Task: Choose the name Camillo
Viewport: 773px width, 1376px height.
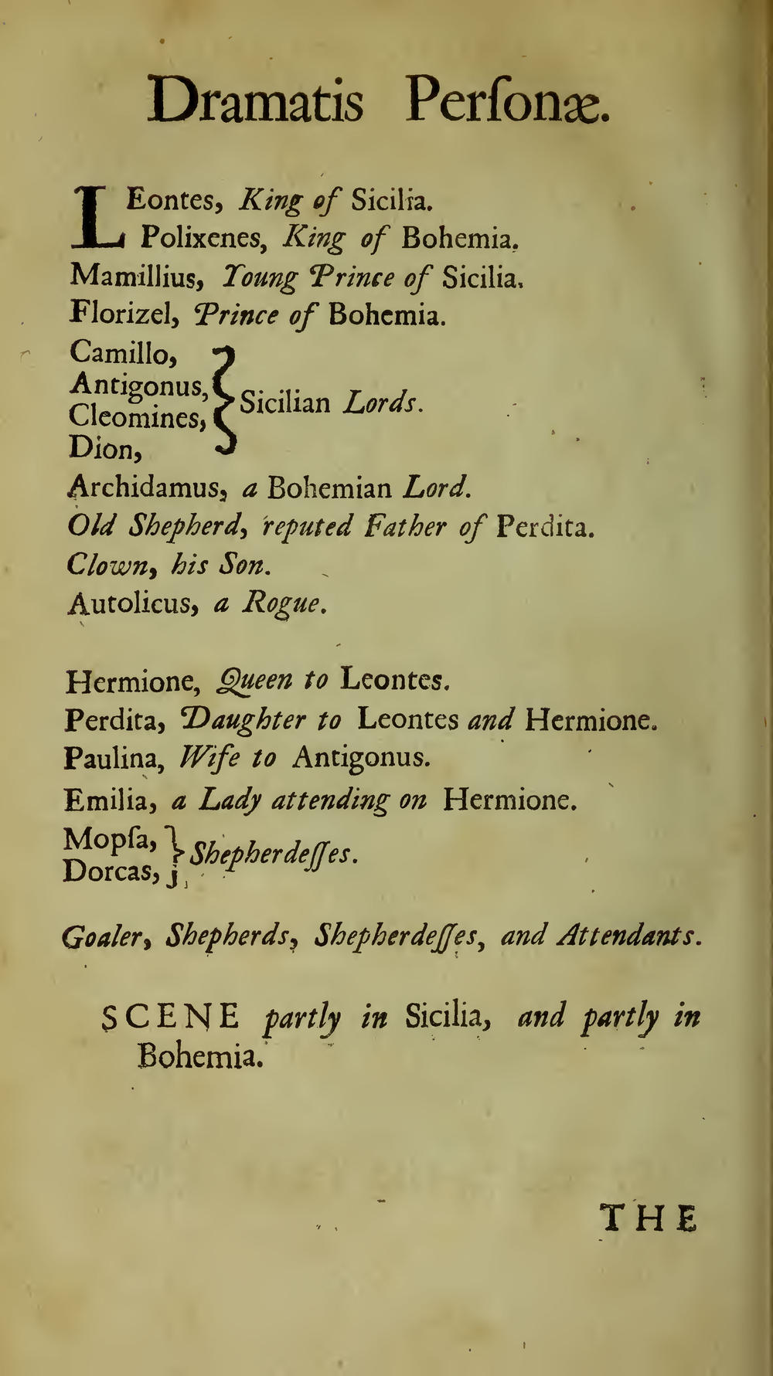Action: click(124, 354)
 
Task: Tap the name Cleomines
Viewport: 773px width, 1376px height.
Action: click(136, 418)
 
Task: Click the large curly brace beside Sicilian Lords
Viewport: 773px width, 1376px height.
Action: click(223, 401)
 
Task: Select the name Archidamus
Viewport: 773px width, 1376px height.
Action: click(147, 488)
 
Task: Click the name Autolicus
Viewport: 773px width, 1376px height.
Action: click(129, 603)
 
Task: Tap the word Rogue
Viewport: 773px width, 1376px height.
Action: click(281, 603)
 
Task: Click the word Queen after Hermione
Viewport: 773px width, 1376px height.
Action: click(255, 681)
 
